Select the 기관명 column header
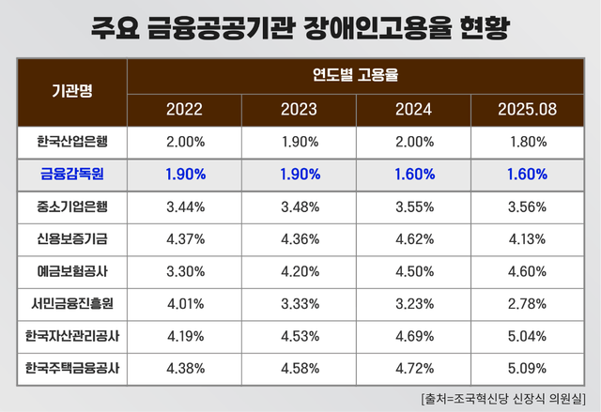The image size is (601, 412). [72, 90]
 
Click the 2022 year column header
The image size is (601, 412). [184, 109]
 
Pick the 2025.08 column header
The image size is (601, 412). [527, 109]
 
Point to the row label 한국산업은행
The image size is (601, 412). [72, 142]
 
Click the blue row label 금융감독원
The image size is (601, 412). [72, 175]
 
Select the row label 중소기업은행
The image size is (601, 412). [72, 207]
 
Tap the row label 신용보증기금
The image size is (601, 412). [72, 240]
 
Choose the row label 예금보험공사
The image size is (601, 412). [72, 273]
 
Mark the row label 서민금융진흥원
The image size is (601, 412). [72, 304]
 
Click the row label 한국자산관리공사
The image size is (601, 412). [72, 335]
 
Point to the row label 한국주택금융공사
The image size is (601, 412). [72, 367]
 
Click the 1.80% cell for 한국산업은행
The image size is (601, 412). [527, 142]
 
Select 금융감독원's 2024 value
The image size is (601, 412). [413, 175]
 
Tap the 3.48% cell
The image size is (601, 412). [299, 207]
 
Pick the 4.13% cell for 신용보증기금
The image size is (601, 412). [527, 240]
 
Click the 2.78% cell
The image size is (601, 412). [527, 304]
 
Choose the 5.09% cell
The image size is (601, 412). [527, 367]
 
